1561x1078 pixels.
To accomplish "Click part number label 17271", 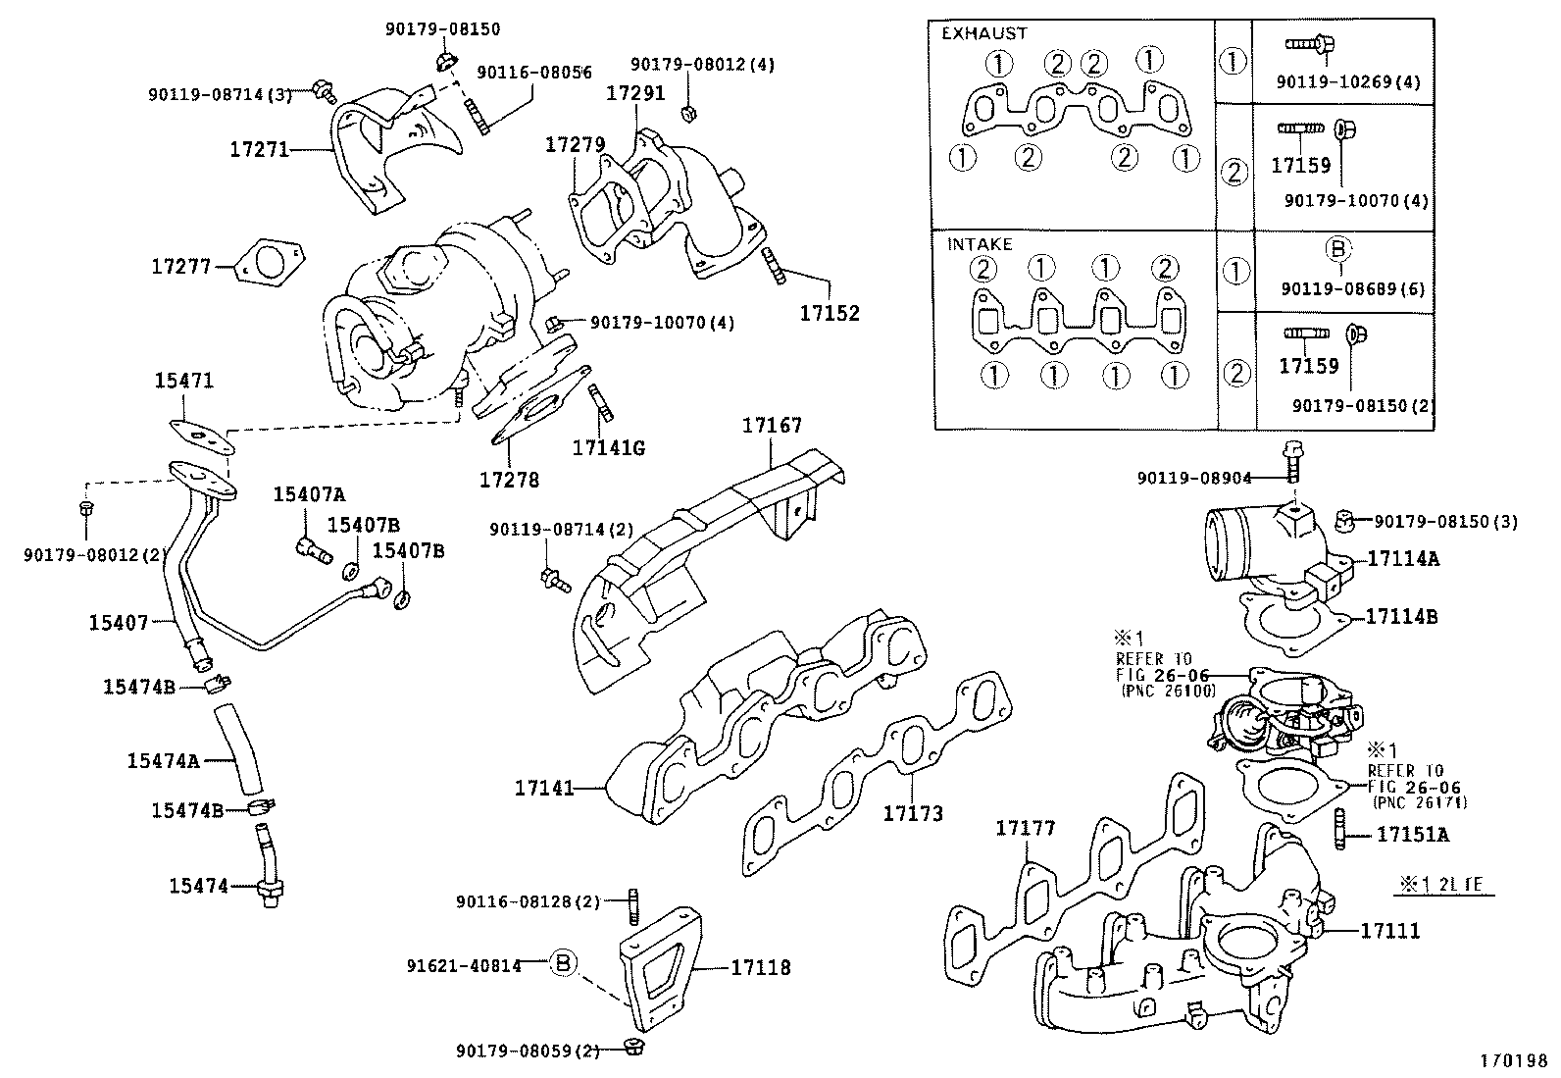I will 259,149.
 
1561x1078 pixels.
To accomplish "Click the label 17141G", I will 608,448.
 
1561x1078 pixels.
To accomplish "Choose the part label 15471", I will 183,381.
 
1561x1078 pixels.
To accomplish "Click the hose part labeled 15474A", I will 239,748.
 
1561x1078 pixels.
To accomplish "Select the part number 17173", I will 912,813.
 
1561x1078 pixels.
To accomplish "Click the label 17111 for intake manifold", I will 1389,930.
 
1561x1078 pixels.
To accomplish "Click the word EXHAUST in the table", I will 983,32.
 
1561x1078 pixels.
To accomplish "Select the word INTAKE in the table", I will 979,244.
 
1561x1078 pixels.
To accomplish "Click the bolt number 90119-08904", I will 1194,478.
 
